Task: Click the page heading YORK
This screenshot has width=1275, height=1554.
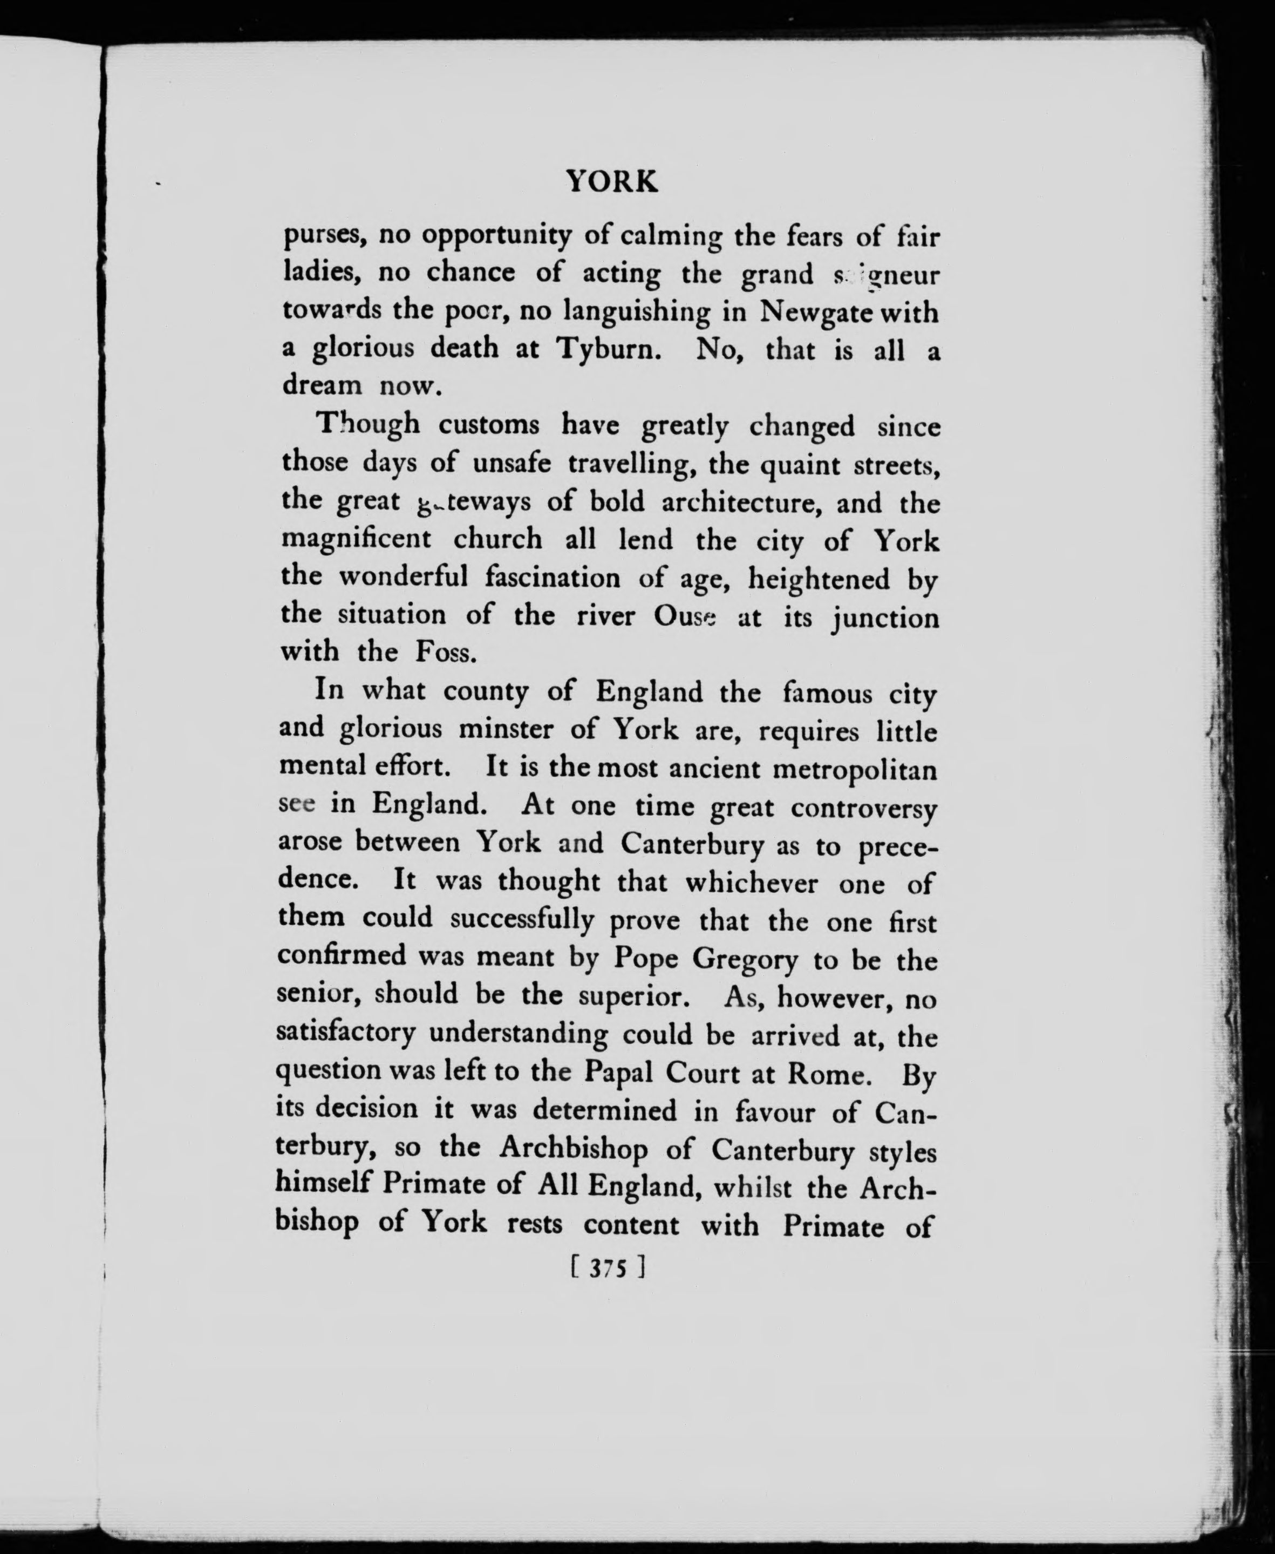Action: tap(612, 181)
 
